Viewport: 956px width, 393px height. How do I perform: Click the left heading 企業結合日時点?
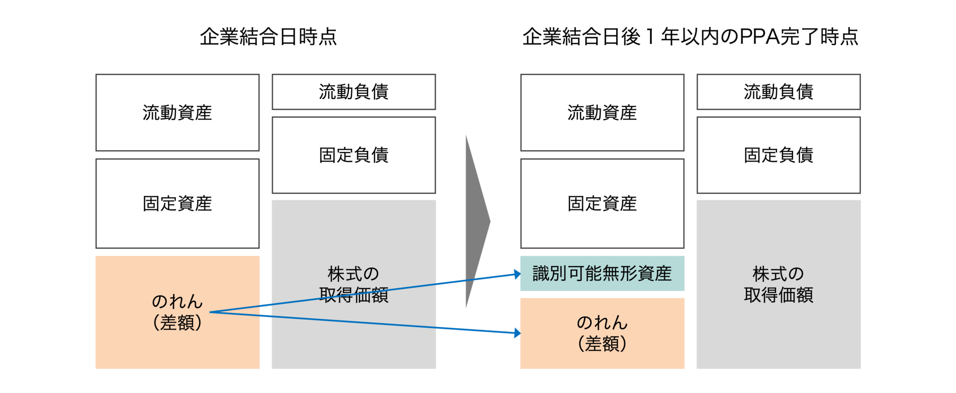[268, 36]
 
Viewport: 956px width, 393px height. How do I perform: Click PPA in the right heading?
[760, 36]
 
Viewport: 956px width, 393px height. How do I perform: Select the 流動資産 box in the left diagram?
[177, 112]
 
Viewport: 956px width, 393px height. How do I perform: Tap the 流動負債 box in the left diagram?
[354, 91]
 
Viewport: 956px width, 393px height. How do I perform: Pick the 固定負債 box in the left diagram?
[354, 155]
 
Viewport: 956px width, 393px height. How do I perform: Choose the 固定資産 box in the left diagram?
[177, 203]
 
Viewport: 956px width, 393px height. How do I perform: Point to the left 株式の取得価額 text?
[354, 284]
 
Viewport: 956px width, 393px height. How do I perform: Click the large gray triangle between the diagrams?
[476, 222]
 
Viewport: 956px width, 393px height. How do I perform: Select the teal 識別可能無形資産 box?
[602, 273]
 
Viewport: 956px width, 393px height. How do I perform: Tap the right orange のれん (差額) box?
[602, 333]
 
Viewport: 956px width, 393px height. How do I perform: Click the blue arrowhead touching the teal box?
[517, 274]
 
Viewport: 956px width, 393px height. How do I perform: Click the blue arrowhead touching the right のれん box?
[517, 333]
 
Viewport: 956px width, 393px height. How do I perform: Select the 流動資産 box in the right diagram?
[602, 112]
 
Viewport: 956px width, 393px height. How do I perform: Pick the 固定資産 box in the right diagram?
[602, 203]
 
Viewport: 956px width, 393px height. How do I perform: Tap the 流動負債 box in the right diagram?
[779, 91]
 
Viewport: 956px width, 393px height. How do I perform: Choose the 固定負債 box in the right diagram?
[779, 155]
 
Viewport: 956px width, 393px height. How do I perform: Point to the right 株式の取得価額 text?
[779, 284]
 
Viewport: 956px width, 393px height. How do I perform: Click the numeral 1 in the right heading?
[650, 36]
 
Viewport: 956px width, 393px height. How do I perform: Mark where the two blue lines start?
[211, 312]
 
